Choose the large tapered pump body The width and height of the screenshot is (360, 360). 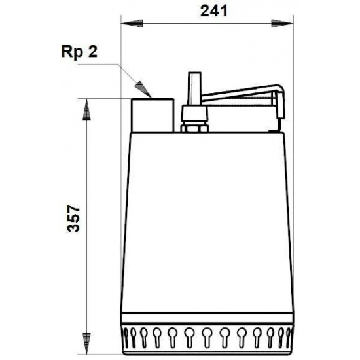(x=206, y=216)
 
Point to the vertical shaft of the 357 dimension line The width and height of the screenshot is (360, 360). (x=86, y=164)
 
